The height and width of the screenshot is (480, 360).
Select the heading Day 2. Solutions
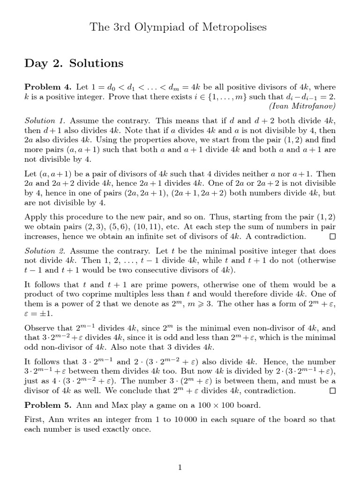click(x=74, y=63)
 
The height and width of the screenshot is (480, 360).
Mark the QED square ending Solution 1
click(x=332, y=237)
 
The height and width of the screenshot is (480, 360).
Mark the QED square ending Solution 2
click(x=332, y=390)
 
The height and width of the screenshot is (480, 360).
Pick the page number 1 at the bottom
click(x=180, y=467)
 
